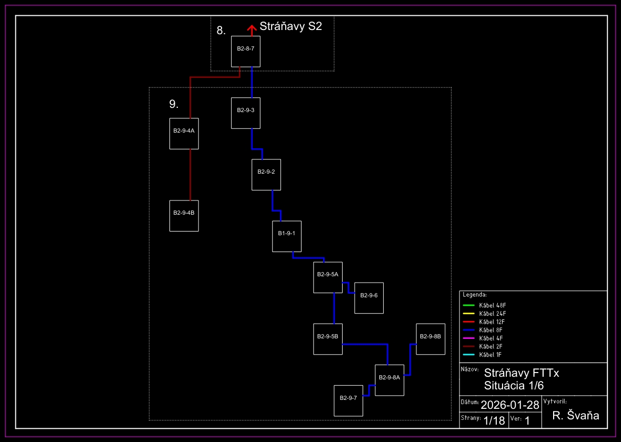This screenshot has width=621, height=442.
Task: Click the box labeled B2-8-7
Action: point(246,52)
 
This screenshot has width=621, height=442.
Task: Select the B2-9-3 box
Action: point(246,113)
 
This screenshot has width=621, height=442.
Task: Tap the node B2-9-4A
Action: point(184,134)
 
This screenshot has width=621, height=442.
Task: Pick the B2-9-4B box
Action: point(184,216)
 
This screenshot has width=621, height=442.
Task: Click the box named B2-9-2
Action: point(266,175)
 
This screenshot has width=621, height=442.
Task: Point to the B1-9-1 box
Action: point(287,236)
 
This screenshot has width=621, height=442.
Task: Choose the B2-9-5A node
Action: point(328,277)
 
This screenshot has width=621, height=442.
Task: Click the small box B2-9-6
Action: point(369,298)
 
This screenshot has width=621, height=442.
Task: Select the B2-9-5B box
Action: point(328,339)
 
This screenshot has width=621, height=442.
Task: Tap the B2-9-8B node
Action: point(430,339)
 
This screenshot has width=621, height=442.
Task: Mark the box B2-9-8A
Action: point(389,380)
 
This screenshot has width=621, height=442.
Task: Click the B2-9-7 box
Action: point(348,400)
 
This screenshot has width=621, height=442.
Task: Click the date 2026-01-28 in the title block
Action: point(510,405)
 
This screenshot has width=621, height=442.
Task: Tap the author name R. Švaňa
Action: point(576,416)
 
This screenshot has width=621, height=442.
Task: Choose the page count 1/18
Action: point(494,420)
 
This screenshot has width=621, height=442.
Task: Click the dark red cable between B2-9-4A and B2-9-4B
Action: point(190,175)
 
